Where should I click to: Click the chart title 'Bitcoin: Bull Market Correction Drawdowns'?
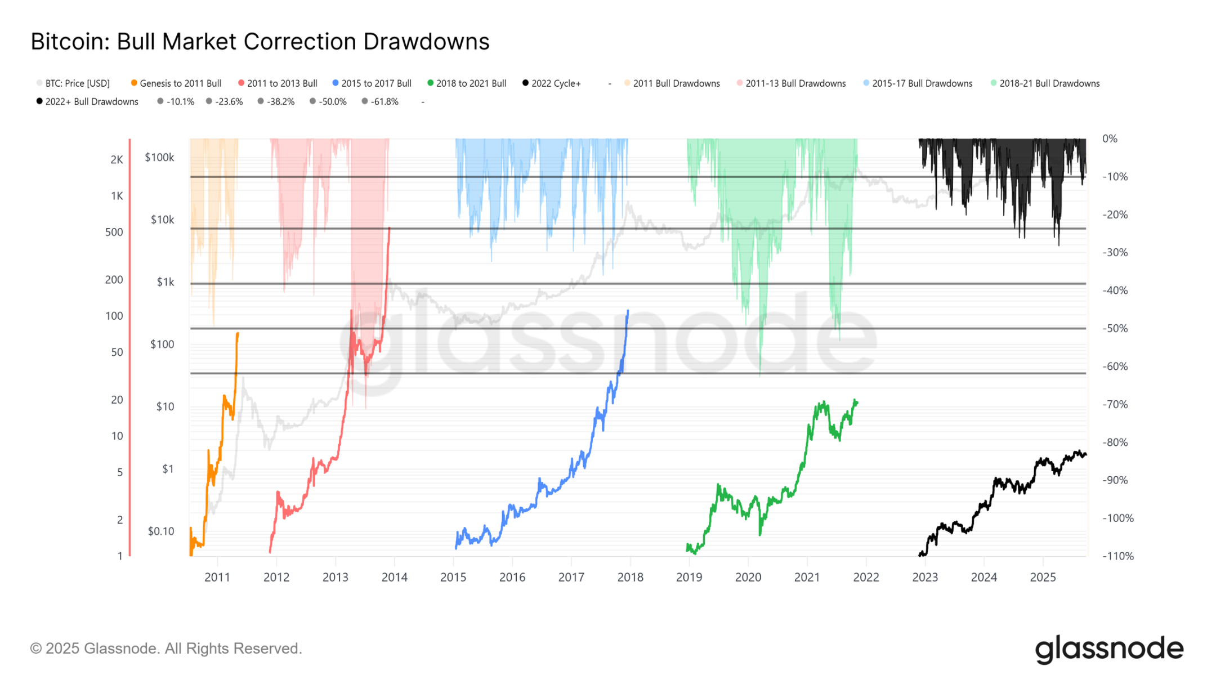260,42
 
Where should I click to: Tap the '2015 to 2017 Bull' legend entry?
376,83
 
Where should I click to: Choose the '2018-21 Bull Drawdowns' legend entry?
1049,83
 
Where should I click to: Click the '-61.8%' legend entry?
384,102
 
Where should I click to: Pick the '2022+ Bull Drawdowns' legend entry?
91,102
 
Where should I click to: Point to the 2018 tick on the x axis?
630,577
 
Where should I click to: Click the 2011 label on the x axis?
217,577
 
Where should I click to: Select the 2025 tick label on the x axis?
1043,577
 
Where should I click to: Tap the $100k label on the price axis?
159,158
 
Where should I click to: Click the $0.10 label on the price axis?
161,531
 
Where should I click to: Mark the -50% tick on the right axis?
1115,328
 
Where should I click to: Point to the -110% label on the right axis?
1117,556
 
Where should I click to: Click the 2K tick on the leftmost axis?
117,160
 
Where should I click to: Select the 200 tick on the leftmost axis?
114,280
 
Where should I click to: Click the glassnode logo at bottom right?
1108,649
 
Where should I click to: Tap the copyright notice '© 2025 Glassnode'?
166,649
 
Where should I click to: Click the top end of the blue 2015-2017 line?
628,311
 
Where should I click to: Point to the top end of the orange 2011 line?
238,333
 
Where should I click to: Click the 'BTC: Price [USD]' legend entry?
77,83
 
